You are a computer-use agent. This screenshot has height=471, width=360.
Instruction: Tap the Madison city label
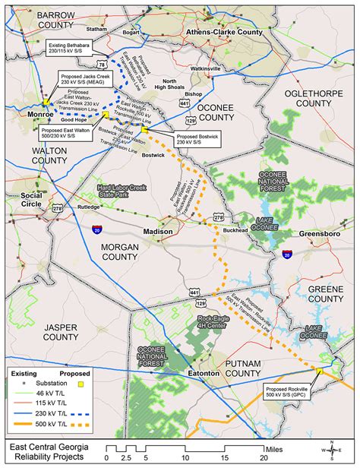click(x=158, y=230)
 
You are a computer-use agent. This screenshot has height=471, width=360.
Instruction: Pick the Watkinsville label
click(x=205, y=68)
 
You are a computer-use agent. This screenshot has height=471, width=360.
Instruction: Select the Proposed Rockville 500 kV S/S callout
click(x=308, y=393)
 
